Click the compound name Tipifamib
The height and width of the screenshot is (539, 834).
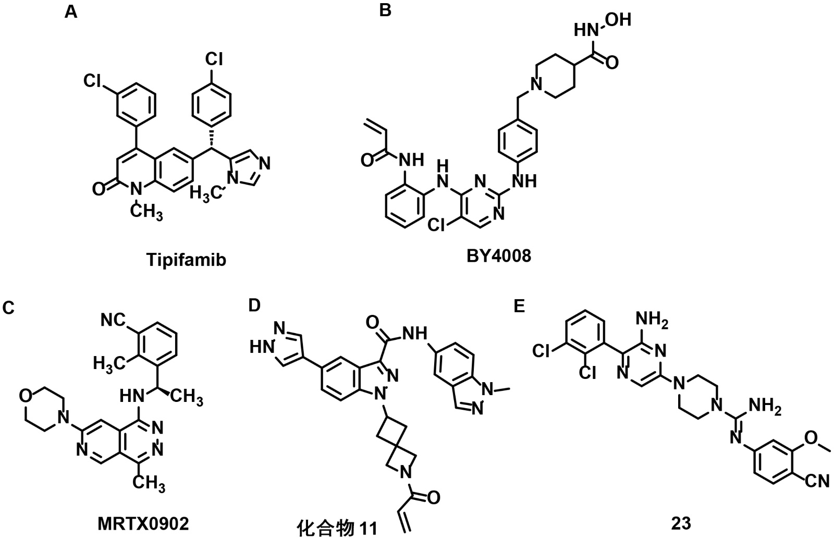pos(186,260)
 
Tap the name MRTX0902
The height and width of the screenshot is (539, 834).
pos(142,523)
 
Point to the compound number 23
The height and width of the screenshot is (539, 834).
pos(682,523)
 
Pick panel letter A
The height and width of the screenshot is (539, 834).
pos(71,11)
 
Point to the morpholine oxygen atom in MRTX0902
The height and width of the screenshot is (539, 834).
pos(24,395)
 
